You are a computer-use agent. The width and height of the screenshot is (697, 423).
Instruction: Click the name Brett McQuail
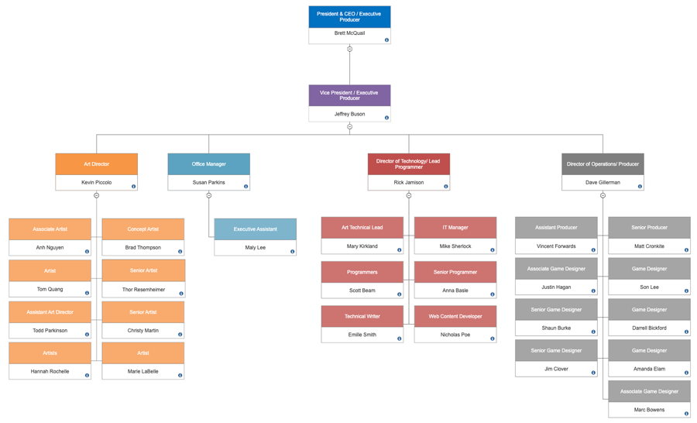(x=349, y=33)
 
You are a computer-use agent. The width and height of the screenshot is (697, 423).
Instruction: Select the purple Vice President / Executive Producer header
(x=349, y=95)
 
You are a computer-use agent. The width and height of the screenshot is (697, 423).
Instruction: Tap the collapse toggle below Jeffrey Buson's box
(x=349, y=126)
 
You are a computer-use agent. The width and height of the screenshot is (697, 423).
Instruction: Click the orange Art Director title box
(x=97, y=164)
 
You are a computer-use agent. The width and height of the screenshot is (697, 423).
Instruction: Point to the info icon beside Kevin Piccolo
(x=134, y=187)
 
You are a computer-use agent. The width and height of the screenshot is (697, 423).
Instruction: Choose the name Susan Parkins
(x=208, y=183)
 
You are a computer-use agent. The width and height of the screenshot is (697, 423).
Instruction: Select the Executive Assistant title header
(x=255, y=229)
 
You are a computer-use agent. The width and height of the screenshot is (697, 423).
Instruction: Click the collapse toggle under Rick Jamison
(x=409, y=195)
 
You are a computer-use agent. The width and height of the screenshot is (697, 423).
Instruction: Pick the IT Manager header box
(x=455, y=228)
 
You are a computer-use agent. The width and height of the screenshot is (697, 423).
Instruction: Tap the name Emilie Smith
(x=362, y=335)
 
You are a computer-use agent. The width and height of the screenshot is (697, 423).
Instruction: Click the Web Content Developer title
(x=455, y=316)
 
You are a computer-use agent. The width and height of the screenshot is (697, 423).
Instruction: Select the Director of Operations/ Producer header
(x=603, y=164)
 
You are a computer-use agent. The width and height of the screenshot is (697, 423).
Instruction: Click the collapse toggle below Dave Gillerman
(x=603, y=195)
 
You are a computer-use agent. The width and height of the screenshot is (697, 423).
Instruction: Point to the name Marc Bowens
(x=649, y=410)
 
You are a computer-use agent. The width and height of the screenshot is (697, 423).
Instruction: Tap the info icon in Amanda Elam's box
(x=686, y=373)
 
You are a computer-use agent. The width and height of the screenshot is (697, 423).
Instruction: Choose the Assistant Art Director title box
(x=50, y=312)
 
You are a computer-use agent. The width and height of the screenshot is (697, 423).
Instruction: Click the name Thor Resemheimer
(x=143, y=290)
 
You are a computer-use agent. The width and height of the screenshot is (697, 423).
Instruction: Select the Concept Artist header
(x=143, y=229)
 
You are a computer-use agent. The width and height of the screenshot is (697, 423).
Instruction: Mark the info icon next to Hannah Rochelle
(x=88, y=376)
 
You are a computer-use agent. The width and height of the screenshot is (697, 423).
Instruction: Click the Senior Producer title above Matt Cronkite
(x=649, y=228)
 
